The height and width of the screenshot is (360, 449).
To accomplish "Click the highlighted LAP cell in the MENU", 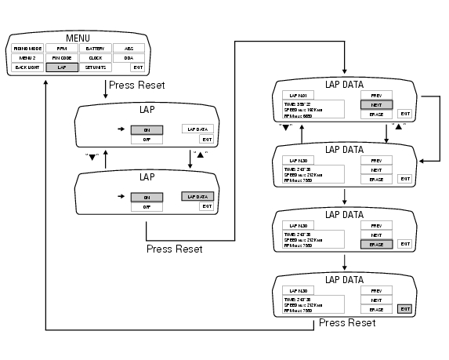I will pos(62,68).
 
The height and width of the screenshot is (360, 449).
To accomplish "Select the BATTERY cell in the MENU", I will pos(96,49).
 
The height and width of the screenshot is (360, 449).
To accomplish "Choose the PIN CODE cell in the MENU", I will pos(62,58).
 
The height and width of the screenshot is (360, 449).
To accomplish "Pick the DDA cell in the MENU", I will pos(128,58).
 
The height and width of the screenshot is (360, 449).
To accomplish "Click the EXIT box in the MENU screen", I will pos(128,68).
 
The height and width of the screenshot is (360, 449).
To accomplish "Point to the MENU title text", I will pos(78,38).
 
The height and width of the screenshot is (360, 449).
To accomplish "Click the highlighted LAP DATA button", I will pos(197,196).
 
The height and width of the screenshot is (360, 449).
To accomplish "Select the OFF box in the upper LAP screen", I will pos(147,141).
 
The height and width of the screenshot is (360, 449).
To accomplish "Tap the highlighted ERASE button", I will pos(376,245).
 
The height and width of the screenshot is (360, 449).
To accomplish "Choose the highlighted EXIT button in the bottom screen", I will pos(404,308).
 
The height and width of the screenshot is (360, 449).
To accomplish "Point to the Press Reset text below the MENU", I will pos(136,85).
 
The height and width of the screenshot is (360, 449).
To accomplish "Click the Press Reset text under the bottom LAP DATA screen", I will pos(348,322).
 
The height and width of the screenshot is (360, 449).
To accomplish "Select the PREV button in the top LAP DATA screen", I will pos(376,93).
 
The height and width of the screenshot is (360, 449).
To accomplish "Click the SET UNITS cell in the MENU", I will pos(96,68).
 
